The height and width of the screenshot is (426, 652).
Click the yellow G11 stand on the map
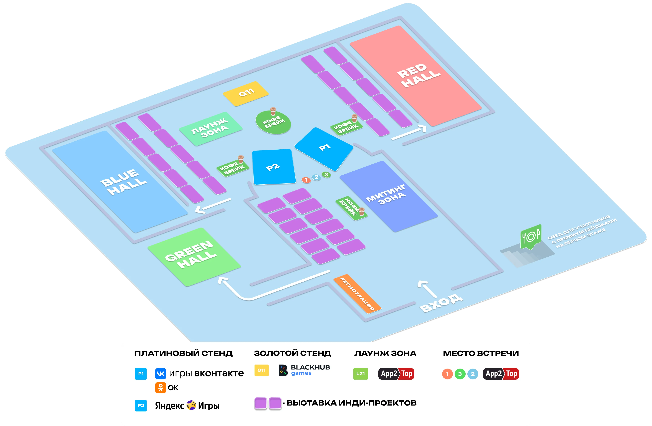click(246, 94)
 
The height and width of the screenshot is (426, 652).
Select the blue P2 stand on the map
click(273, 167)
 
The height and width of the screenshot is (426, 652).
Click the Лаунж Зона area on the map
click(210, 128)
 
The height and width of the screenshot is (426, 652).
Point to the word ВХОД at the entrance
click(442, 303)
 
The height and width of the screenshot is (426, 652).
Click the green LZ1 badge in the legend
click(361, 374)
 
